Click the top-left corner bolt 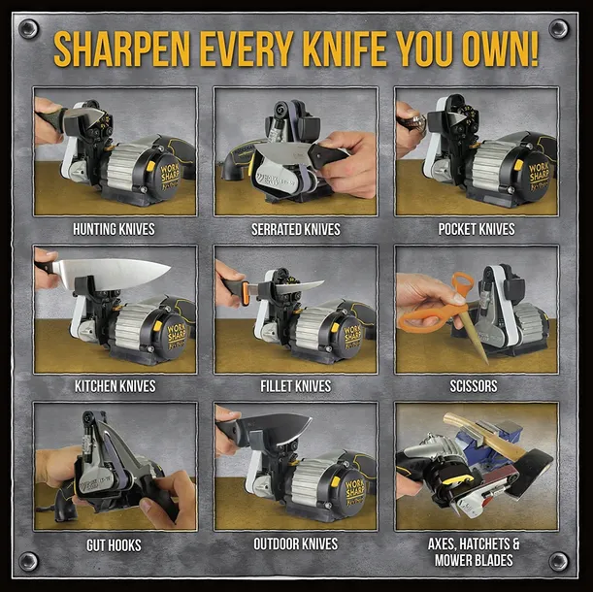click(x=28, y=29)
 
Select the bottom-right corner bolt click(x=559, y=561)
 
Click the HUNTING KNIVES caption click(x=114, y=229)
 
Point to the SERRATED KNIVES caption click(x=296, y=229)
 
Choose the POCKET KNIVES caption click(x=477, y=229)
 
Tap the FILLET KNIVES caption click(x=295, y=386)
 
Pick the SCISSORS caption click(x=474, y=386)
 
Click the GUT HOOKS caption click(x=114, y=545)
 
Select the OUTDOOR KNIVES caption click(x=295, y=543)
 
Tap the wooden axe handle click(x=484, y=435)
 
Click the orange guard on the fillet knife click(x=246, y=292)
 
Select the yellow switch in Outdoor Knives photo click(x=335, y=481)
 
